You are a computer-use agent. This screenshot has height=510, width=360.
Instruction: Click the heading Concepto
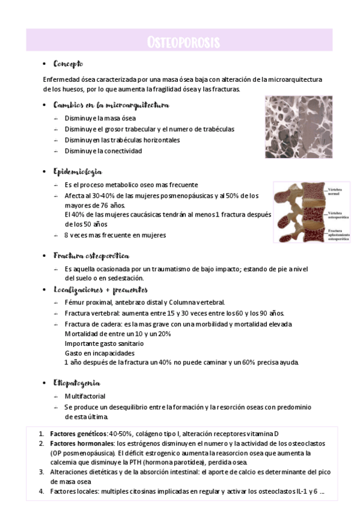click(x=68, y=64)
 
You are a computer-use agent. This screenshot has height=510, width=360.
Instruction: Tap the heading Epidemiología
click(x=78, y=171)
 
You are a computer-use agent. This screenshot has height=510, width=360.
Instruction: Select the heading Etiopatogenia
click(x=76, y=382)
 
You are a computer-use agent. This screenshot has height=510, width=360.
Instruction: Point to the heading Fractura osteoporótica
click(x=91, y=256)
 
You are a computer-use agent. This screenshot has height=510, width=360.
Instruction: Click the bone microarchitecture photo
click(x=298, y=127)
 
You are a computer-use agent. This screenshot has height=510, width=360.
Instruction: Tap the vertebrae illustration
click(x=299, y=212)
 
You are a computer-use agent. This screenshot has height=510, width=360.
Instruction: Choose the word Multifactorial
click(x=85, y=396)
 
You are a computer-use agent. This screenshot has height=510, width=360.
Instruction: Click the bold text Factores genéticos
click(x=78, y=434)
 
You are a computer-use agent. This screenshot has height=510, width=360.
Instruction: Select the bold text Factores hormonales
click(x=82, y=443)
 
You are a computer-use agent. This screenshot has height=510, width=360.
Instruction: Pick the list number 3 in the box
click(x=41, y=472)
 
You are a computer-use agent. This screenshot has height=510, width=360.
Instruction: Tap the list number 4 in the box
click(x=41, y=491)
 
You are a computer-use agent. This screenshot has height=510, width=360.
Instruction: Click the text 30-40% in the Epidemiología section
click(x=99, y=196)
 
